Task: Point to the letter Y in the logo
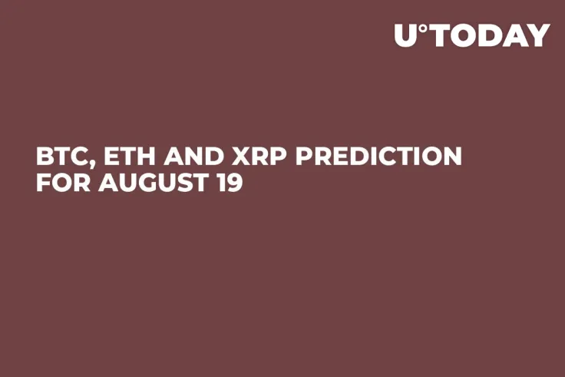point(538,35)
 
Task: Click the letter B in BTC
point(45,157)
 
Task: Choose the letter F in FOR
point(44,184)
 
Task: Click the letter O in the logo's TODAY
point(458,35)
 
